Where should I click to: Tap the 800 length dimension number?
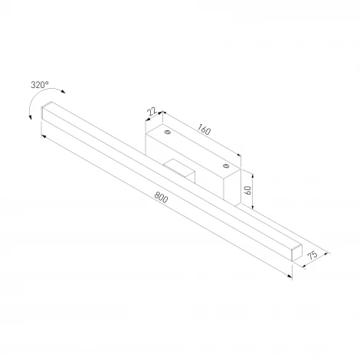pyautogui.click(x=160, y=197)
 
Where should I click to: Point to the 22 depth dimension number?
pyautogui.click(x=153, y=112)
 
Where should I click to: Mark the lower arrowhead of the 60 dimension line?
pyautogui.click(x=252, y=206)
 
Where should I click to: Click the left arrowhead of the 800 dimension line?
pyautogui.click(x=44, y=136)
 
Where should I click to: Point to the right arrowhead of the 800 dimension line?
pyautogui.click(x=292, y=277)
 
